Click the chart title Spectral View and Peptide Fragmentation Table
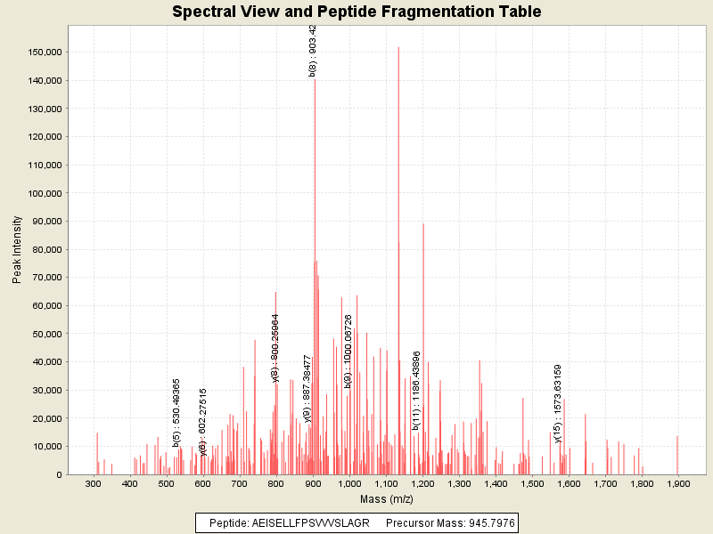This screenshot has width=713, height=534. click(x=356, y=12)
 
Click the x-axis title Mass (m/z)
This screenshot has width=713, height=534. click(x=384, y=499)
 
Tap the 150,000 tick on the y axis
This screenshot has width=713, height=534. click(x=43, y=53)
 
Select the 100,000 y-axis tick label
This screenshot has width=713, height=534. click(x=43, y=193)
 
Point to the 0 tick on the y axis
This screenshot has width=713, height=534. click(x=58, y=474)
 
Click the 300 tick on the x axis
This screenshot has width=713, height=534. click(x=93, y=484)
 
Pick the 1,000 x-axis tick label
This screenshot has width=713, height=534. click(x=349, y=484)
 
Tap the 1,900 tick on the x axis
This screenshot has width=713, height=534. click(x=678, y=484)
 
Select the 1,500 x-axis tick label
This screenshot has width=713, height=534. click(x=532, y=484)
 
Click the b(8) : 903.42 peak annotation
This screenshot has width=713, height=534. click(x=313, y=51)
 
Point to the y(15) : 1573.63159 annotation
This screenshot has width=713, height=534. click(x=558, y=403)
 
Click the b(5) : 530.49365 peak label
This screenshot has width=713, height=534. click(x=177, y=412)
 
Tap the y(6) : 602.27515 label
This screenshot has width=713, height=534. click(x=203, y=422)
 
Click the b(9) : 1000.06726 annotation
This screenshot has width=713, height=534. click(x=348, y=351)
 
